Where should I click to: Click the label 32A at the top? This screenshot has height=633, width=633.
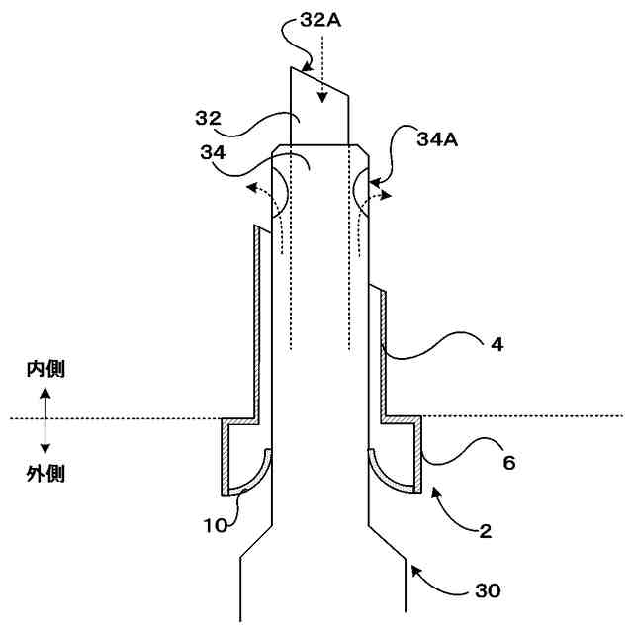(x=321, y=21)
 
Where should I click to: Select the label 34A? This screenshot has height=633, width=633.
(x=436, y=140)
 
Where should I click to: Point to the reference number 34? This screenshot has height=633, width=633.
(x=212, y=152)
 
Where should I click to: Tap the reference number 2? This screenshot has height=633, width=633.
(x=485, y=531)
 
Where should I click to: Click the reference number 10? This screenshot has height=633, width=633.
(x=217, y=523)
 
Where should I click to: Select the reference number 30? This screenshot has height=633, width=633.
(x=488, y=591)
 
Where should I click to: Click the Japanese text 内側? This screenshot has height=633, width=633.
(x=45, y=370)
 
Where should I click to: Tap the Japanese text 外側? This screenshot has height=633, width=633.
(x=45, y=474)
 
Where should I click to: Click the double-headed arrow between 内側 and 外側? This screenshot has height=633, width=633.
(x=45, y=421)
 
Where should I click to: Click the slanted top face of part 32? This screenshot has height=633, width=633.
(x=320, y=82)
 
